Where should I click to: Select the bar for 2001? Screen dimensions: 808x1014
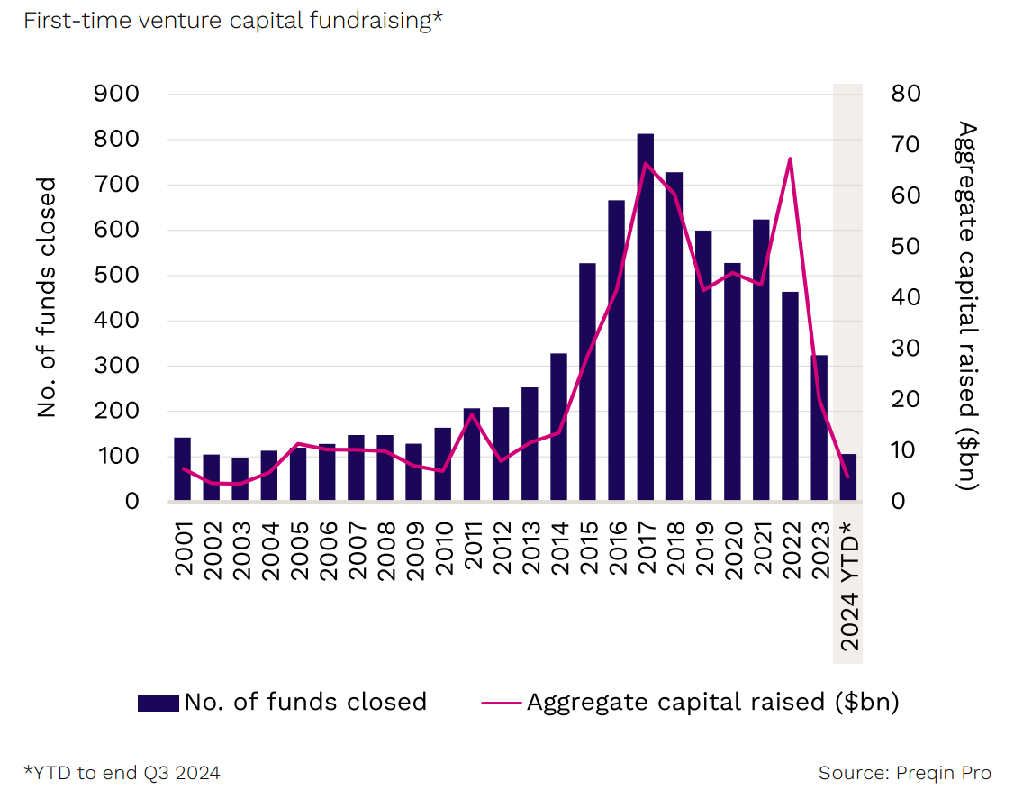click(x=182, y=469)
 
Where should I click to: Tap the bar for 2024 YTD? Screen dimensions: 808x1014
click(x=848, y=478)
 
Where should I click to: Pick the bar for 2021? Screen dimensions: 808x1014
click(x=761, y=360)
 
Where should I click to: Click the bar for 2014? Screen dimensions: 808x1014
click(x=558, y=427)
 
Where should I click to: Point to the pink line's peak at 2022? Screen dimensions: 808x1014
click(x=790, y=159)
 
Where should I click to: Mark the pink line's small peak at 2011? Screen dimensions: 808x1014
click(x=471, y=414)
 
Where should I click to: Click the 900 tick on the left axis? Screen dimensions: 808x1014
click(x=116, y=95)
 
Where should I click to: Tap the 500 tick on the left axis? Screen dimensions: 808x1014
click(x=116, y=276)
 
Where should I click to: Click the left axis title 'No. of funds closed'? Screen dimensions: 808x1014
click(x=47, y=297)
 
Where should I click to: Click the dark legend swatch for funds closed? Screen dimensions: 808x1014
click(x=158, y=703)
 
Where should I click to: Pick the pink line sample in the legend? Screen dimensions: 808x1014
click(x=501, y=703)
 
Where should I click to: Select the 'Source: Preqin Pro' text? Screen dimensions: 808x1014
click(x=904, y=773)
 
